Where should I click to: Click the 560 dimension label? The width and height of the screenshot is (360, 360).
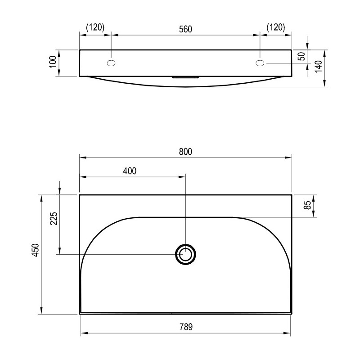pyautogui.click(x=185, y=29)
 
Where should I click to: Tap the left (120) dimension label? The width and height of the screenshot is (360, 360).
pyautogui.click(x=95, y=27)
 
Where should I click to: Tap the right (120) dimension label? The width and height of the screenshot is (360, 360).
pyautogui.click(x=276, y=27)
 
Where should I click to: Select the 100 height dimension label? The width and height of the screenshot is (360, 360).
pyautogui.click(x=53, y=62)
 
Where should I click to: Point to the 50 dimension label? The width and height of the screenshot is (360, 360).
pyautogui.click(x=302, y=56)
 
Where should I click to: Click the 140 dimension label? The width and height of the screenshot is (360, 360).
pyautogui.click(x=318, y=67)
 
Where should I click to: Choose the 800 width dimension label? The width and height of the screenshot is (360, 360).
pyautogui.click(x=185, y=152)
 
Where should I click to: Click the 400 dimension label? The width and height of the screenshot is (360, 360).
pyautogui.click(x=130, y=171)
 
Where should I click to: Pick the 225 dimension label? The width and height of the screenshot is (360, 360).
pyautogui.click(x=54, y=218)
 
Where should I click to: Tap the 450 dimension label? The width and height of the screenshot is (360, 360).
pyautogui.click(x=36, y=250)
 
